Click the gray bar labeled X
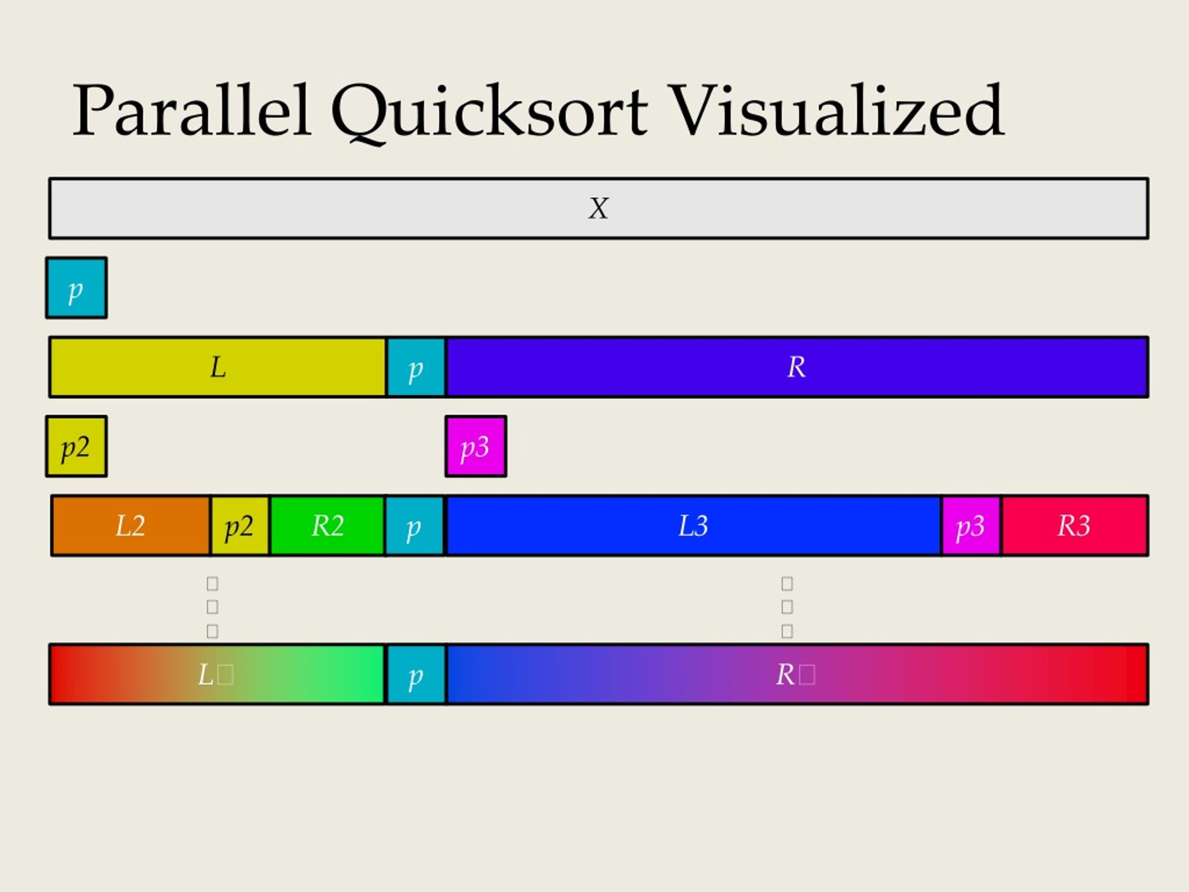pos(598,208)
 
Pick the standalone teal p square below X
pos(76,288)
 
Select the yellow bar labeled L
pos(218,367)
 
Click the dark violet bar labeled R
pos(796,367)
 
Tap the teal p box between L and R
pos(416,367)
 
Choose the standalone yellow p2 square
pos(76,446)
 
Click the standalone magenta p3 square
pos(476,446)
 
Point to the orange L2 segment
pos(131,525)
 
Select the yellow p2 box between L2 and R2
pos(240,525)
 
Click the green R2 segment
pos(327,525)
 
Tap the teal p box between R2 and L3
pos(414,525)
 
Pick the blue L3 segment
pos(693,525)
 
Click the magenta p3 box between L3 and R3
pos(971,525)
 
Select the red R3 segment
pos(1074,525)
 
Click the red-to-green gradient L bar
pos(216,674)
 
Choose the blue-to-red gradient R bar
pos(796,674)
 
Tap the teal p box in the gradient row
pos(416,674)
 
